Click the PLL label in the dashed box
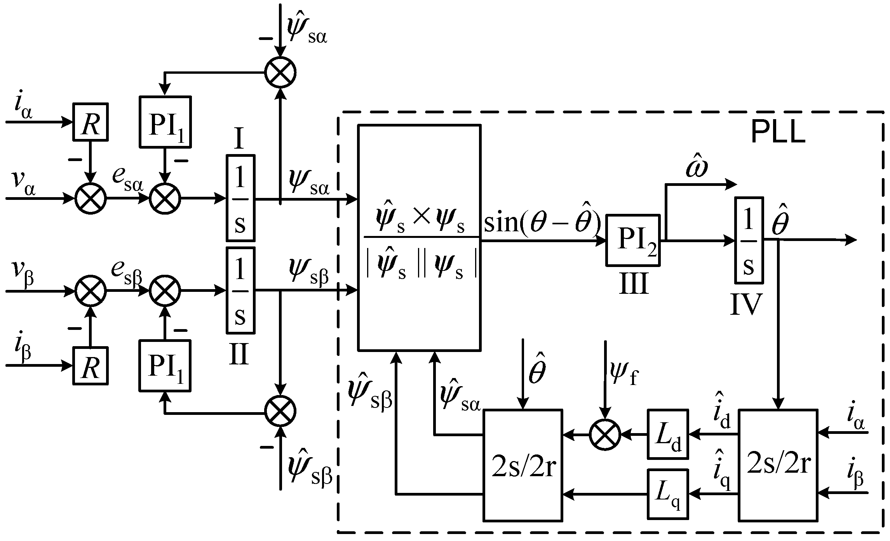coord(778,133)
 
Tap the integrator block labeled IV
coord(749,240)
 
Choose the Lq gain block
coord(667,494)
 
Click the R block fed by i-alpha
coord(91,121)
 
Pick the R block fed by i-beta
coord(91,366)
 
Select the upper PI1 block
coord(165,121)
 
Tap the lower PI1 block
coord(165,366)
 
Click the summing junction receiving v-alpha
coord(91,198)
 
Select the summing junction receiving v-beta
coord(91,290)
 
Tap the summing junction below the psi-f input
coord(605,435)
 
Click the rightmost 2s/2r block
coord(778,465)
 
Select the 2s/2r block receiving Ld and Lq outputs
coord(523,465)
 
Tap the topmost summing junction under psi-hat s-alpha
coord(280,72)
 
